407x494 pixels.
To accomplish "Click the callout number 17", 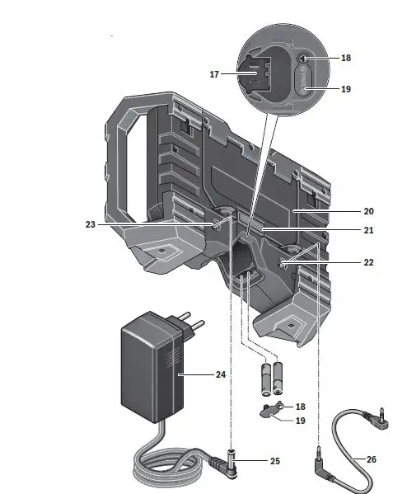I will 214,74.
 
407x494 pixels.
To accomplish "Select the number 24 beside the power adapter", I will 220,374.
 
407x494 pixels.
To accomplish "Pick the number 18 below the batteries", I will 300,407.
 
